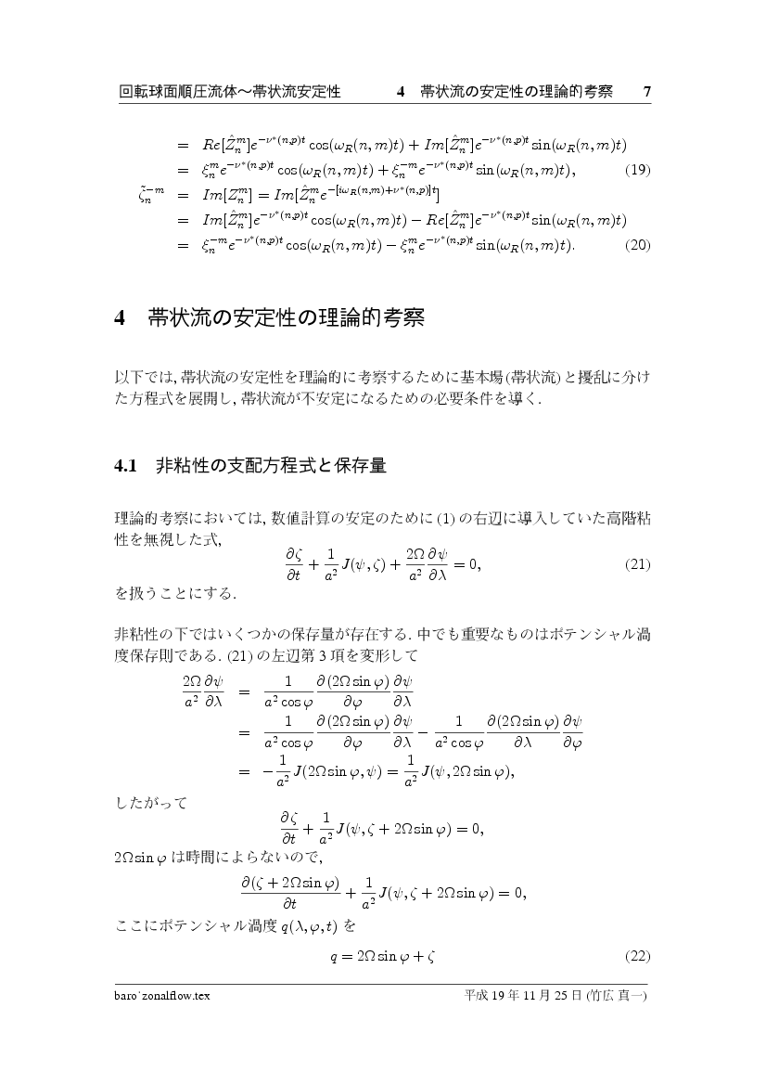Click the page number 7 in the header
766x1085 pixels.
(647, 92)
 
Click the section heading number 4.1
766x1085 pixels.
(125, 466)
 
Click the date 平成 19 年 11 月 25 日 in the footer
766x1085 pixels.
(523, 996)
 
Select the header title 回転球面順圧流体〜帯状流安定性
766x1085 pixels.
(231, 92)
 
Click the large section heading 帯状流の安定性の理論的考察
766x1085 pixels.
(286, 319)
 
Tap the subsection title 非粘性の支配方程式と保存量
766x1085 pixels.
(271, 466)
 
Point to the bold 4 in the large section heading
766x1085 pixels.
(120, 319)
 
